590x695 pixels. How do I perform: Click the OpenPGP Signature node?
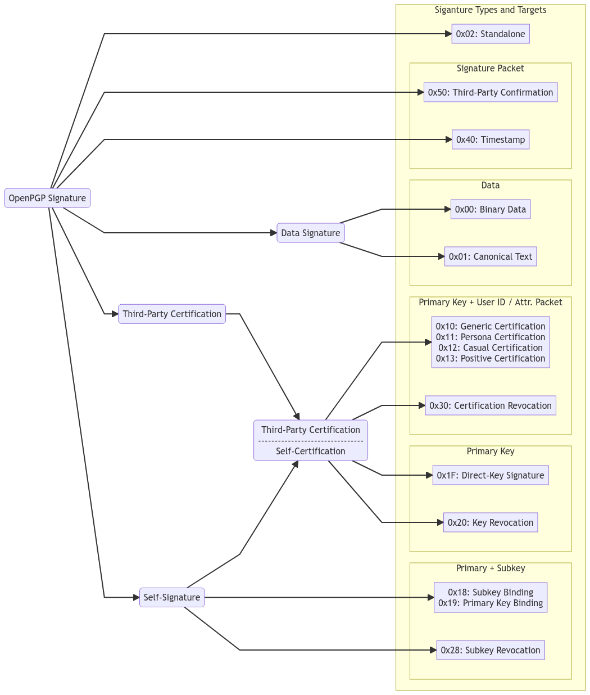(47, 198)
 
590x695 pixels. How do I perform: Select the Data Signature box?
(310, 233)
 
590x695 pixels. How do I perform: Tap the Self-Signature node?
(172, 597)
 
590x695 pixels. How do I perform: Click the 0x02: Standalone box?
(490, 34)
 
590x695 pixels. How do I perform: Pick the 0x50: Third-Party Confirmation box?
(490, 92)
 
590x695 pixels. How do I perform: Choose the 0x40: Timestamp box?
(490, 139)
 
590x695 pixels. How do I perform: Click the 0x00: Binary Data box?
(490, 209)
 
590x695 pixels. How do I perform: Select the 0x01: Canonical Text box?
(490, 256)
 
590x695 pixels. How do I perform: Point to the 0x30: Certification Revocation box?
(490, 405)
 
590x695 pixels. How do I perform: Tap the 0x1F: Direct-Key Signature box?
(490, 475)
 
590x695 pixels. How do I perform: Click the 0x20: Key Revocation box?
(490, 522)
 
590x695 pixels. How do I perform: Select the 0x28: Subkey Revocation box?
(490, 650)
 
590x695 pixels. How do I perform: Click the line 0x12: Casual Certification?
(490, 347)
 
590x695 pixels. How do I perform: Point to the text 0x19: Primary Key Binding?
(490, 603)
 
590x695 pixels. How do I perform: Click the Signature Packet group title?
(490, 69)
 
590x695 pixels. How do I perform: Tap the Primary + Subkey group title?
(490, 568)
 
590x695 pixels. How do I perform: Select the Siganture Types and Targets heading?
(490, 10)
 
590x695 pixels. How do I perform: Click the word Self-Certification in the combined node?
(310, 451)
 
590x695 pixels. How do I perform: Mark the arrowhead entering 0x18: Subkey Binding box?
(430, 597)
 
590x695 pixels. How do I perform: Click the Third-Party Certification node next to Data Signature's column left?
(172, 314)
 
